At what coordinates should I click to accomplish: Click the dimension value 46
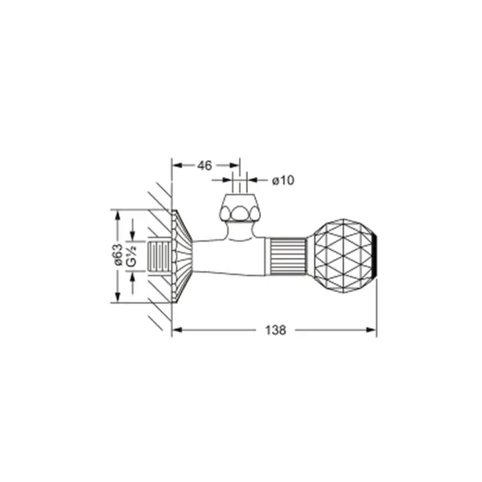pyautogui.click(x=205, y=166)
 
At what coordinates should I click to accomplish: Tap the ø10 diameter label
pyautogui.click(x=283, y=180)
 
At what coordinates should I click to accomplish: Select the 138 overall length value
pyautogui.click(x=275, y=330)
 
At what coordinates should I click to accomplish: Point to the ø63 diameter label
pyautogui.click(x=118, y=255)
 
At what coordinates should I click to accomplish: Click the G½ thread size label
pyautogui.click(x=132, y=256)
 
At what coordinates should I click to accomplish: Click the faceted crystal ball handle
pyautogui.click(x=344, y=255)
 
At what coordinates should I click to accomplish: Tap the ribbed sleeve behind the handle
pyautogui.click(x=288, y=256)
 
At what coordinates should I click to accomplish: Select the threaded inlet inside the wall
pyautogui.click(x=159, y=256)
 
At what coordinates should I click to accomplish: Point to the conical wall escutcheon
pyautogui.click(x=181, y=256)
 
